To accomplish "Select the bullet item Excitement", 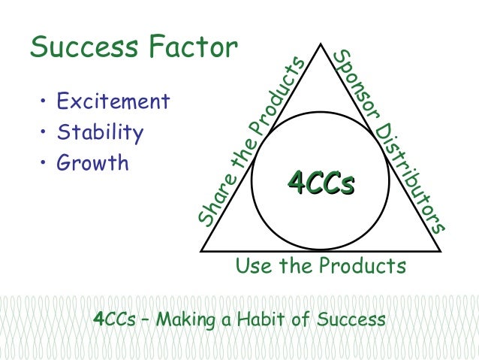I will pyautogui.click(x=113, y=101).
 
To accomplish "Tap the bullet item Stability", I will pyautogui.click(x=100, y=132).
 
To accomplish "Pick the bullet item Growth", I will pyautogui.click(x=93, y=163).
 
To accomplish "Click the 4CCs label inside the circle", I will pyautogui.click(x=321, y=183).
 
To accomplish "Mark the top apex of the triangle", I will pyautogui.click(x=321, y=44).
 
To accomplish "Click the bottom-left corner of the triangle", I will pyautogui.click(x=202, y=250).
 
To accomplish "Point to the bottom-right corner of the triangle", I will pyautogui.click(x=440, y=250).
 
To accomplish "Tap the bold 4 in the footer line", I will pyautogui.click(x=97, y=319).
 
